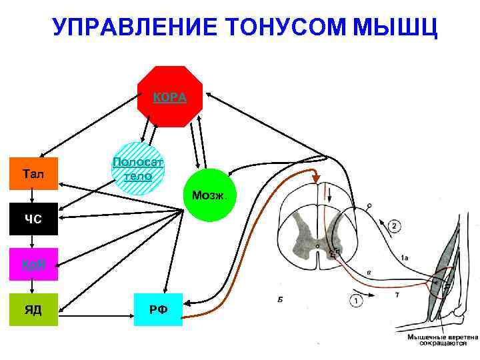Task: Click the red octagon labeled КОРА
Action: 170,97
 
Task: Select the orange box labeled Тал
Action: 34,174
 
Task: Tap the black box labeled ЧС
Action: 34,219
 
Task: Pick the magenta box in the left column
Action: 34,264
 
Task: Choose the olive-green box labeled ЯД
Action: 34,309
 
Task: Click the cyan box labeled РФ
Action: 158,309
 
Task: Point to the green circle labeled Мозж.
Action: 209,195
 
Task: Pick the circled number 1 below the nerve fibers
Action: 357,301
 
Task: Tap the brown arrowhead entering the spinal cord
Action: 312,176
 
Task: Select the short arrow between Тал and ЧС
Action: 34,197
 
